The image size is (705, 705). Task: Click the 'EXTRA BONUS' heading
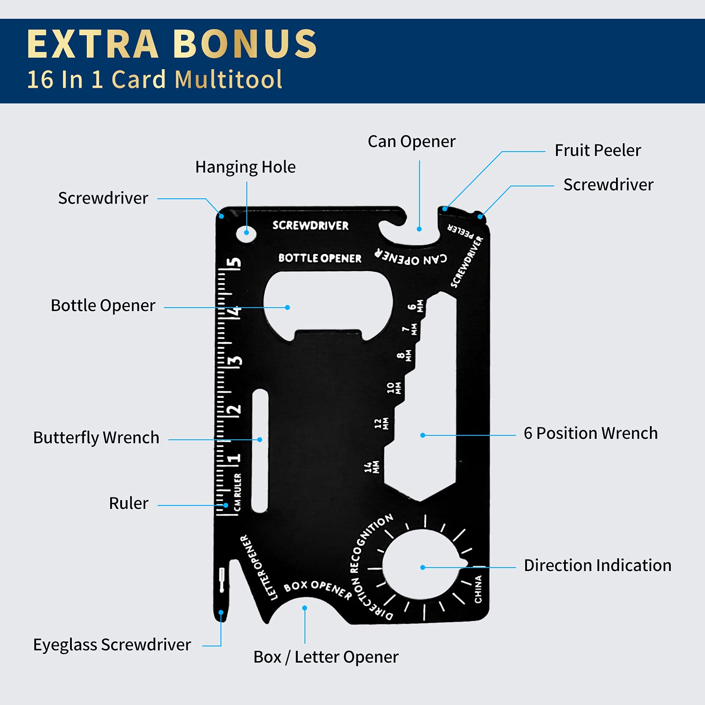[x=172, y=44]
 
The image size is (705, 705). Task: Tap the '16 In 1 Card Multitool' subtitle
[x=155, y=80]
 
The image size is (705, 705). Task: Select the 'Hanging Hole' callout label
[x=245, y=167]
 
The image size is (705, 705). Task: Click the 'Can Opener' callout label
[x=412, y=141]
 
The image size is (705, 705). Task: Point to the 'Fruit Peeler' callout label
[x=597, y=150]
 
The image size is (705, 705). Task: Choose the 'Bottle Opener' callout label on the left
[x=103, y=305]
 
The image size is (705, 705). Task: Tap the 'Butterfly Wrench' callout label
[x=96, y=438]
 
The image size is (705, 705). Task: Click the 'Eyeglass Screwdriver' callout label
[x=112, y=645]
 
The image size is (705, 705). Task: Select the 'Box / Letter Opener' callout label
[x=326, y=657]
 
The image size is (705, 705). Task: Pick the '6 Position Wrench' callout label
[x=590, y=433]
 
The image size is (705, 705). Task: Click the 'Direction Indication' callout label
[x=597, y=565]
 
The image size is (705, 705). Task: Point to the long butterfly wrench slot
[x=260, y=451]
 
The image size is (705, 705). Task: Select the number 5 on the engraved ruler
[x=234, y=263]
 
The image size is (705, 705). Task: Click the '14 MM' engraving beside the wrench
[x=372, y=467]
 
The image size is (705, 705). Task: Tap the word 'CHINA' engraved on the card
[x=478, y=589]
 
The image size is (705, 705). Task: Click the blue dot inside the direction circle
[x=423, y=568]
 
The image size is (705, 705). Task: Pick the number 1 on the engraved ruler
[x=234, y=458]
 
